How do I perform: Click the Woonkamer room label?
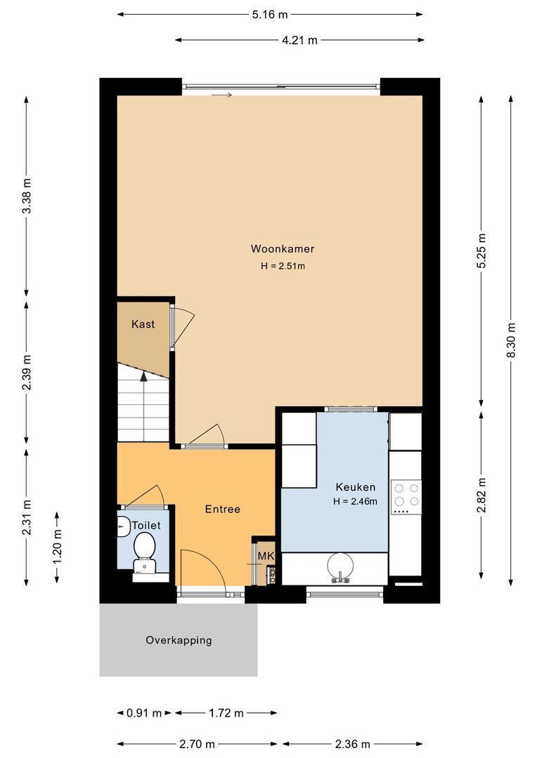coord(283,248)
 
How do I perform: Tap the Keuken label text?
coord(355,486)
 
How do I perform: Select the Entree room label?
coord(223,509)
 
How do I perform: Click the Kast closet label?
coord(143,324)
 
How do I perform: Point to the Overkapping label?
coord(179,640)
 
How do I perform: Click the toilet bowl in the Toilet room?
coord(145,545)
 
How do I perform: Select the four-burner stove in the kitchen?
coord(405,494)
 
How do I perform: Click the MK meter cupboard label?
coord(265,556)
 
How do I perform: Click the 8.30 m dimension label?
coord(511,340)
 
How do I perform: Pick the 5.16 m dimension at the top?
coord(269,14)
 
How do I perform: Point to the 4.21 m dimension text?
coord(299,40)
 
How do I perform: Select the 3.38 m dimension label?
coord(27,197)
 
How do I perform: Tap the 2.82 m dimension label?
coord(481,495)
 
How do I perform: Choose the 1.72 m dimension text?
coord(226,713)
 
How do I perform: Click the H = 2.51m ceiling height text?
coord(283,266)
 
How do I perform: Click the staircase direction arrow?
coord(144,377)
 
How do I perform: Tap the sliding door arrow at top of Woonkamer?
coord(221,95)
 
